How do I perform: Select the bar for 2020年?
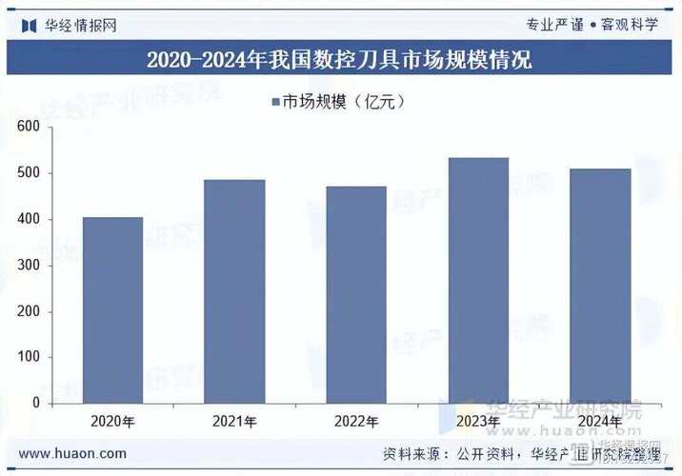pyautogui.click(x=112, y=309)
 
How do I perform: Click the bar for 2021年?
pyautogui.click(x=234, y=290)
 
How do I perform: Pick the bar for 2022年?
pyautogui.click(x=356, y=294)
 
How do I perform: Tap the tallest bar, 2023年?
pyautogui.click(x=478, y=280)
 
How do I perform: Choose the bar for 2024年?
pyautogui.click(x=600, y=286)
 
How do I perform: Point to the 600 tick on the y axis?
pyautogui.click(x=28, y=127)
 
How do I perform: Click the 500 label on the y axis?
pyautogui.click(x=28, y=173)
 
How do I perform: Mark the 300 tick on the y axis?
pyautogui.click(x=28, y=265)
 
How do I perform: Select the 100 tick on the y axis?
pyautogui.click(x=28, y=357)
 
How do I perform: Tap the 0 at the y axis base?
pyautogui.click(x=34, y=403)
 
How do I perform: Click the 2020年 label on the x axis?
pyautogui.click(x=112, y=421)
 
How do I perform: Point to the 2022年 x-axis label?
pyautogui.click(x=356, y=421)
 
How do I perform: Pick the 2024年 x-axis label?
pyautogui.click(x=600, y=421)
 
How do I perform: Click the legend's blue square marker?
pyautogui.click(x=275, y=102)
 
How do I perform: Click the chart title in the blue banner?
pyautogui.click(x=340, y=60)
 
